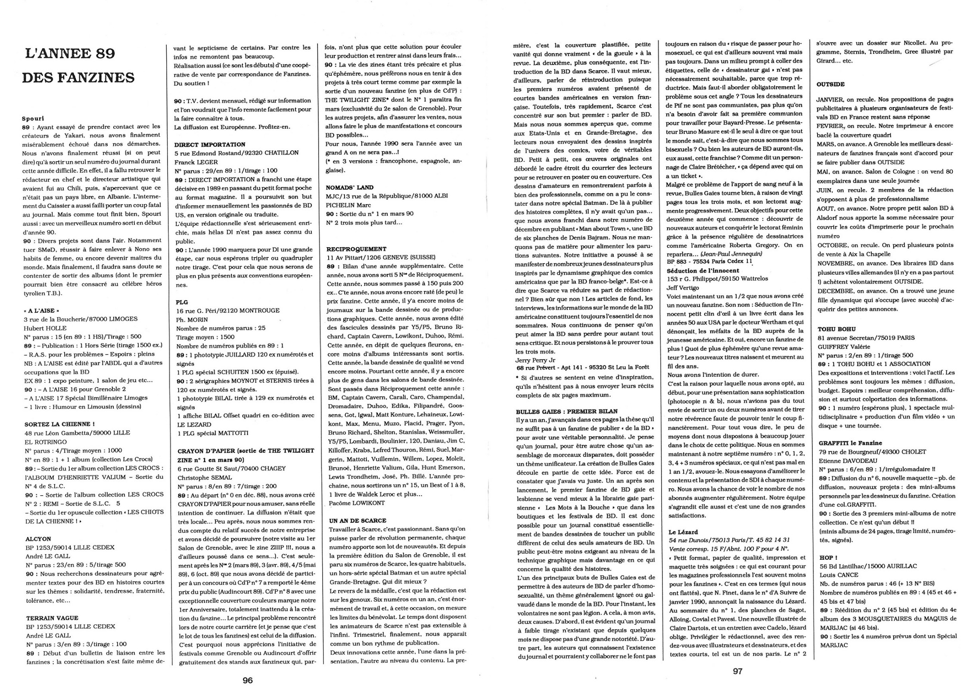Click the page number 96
coord(247,680)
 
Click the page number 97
coord(737,670)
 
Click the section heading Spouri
coord(33,118)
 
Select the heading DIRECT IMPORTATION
coord(210,144)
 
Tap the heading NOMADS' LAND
coord(349,187)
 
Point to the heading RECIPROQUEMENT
coord(356,249)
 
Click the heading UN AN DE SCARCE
coord(357,520)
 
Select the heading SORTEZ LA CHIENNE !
coord(59,424)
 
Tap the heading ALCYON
coord(38,539)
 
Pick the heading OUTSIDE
coord(830,84)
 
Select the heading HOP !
coord(828,557)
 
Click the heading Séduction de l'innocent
coord(702,270)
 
